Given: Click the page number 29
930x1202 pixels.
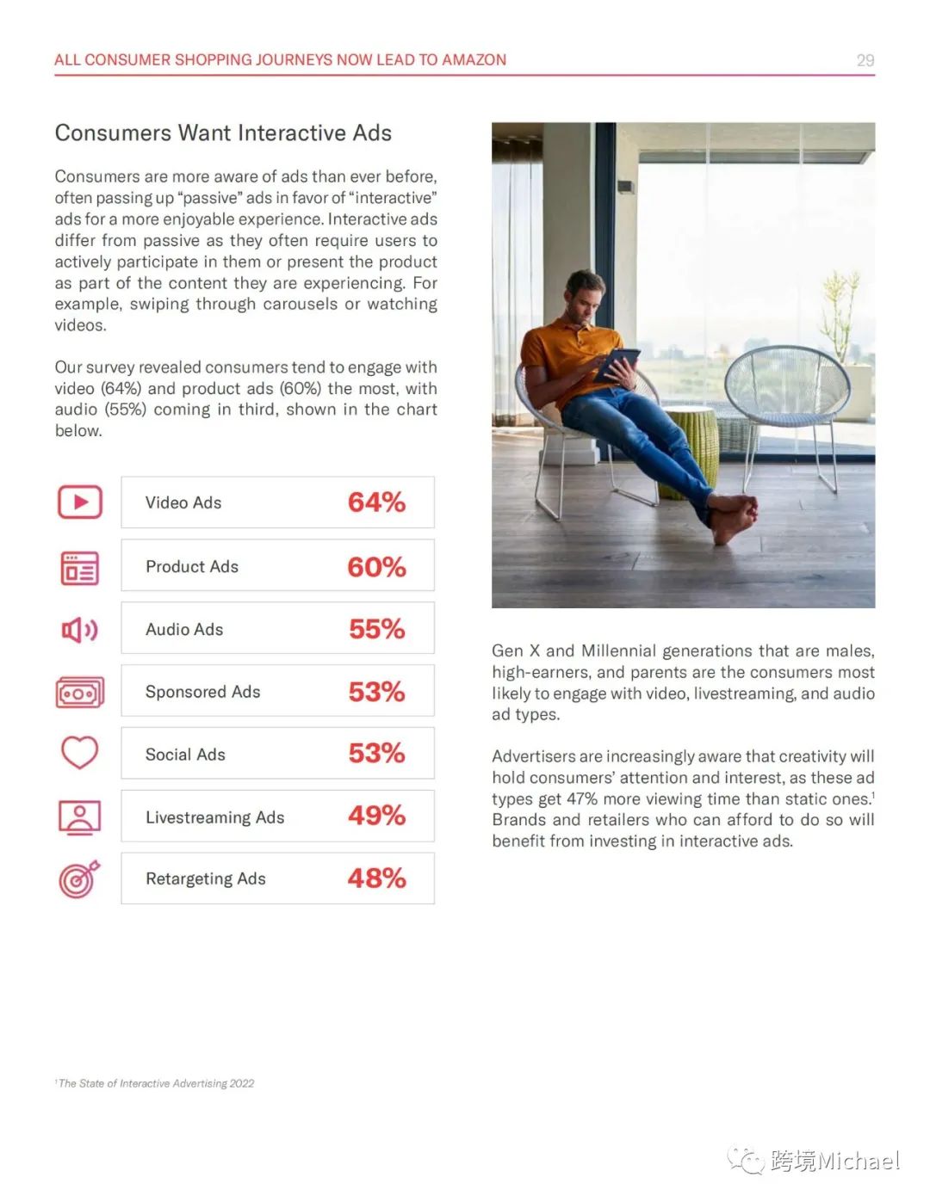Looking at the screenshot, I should point(865,60).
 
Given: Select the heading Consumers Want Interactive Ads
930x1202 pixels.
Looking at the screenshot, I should point(223,133).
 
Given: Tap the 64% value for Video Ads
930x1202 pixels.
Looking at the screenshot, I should point(376,502).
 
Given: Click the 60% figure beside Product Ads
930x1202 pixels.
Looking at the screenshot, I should point(376,567).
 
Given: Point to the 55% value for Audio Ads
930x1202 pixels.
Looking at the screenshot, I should point(376,629).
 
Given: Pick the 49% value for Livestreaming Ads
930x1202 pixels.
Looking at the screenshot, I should point(376,816).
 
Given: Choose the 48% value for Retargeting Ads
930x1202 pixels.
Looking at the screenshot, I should point(376,878).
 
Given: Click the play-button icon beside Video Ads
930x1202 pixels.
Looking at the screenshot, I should point(80,502).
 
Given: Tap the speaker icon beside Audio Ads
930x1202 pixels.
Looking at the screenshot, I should point(79,630).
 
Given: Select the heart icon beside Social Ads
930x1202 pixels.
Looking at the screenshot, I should point(79,753).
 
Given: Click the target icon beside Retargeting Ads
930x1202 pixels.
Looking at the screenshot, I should point(79,878).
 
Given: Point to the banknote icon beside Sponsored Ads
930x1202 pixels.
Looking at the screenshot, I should point(79,693).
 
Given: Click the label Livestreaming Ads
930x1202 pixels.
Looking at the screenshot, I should point(214,817).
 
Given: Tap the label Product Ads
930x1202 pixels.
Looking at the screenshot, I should point(191,567).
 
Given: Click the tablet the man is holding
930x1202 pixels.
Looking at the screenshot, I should point(617,362).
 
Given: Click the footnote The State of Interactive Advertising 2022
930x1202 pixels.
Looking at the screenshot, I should point(156,1083).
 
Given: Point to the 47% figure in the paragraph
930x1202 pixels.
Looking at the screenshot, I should point(582,799).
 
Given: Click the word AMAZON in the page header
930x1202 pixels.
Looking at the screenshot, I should point(474,60).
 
